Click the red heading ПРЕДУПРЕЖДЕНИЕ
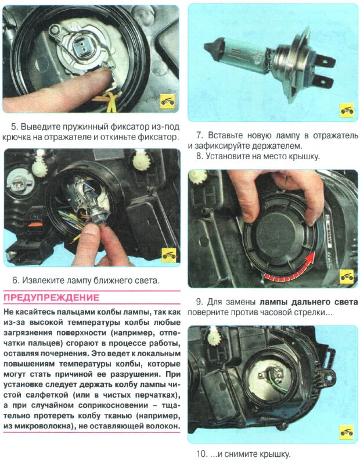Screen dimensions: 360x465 point(51,298)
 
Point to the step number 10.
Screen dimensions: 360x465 point(202,454)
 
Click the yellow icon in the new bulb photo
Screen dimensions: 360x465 point(347,110)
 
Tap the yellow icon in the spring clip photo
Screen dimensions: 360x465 point(168,102)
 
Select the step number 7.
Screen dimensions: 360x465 point(200,135)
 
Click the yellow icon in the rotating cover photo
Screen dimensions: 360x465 point(347,277)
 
